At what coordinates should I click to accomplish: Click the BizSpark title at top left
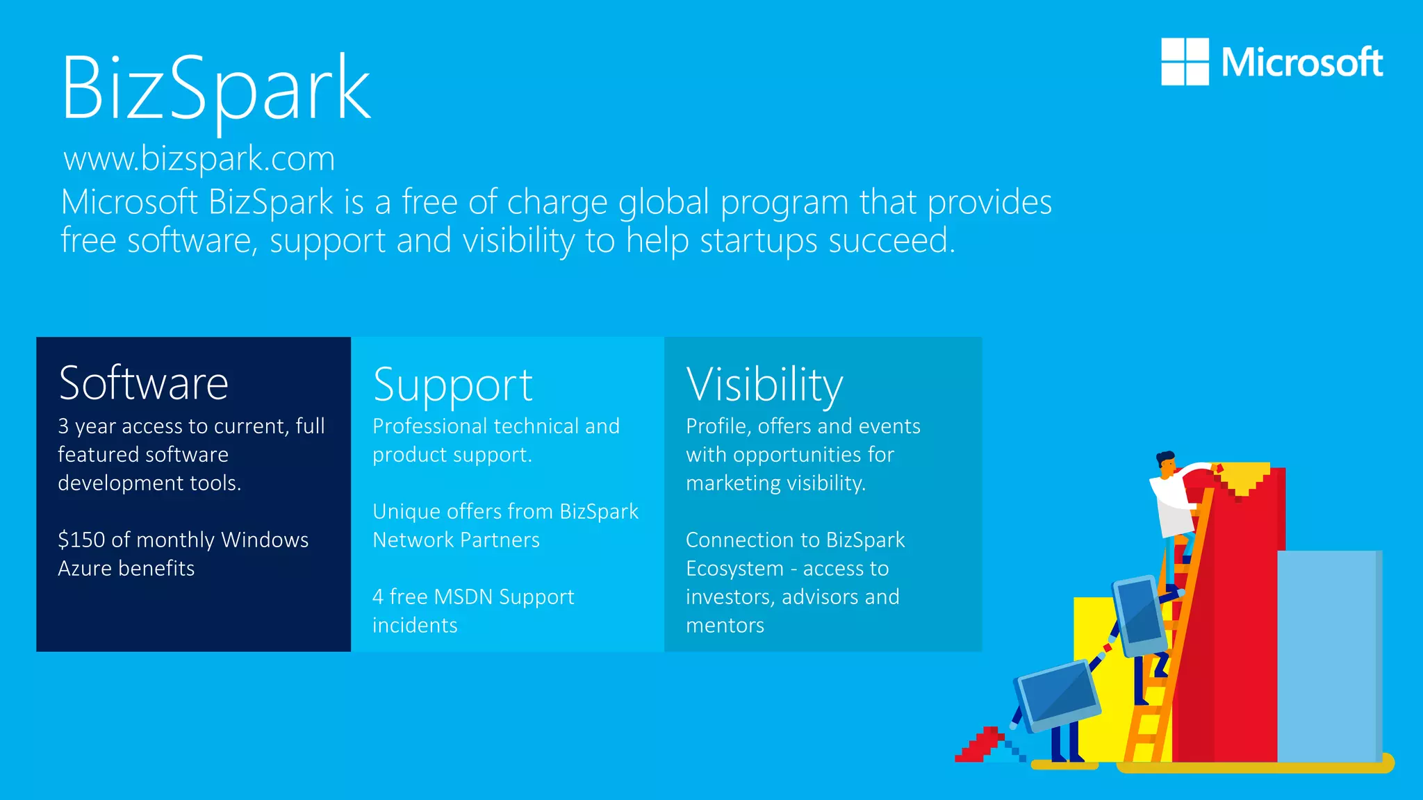pos(215,89)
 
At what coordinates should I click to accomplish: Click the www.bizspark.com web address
pos(199,158)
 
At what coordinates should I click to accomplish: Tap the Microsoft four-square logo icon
pos(1185,62)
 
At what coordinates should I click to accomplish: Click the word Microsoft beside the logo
pos(1301,62)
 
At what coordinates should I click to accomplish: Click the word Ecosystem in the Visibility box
pos(734,568)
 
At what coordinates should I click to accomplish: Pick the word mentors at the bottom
pos(725,625)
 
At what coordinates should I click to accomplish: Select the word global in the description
pos(664,202)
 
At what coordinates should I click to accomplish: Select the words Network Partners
pos(456,540)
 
